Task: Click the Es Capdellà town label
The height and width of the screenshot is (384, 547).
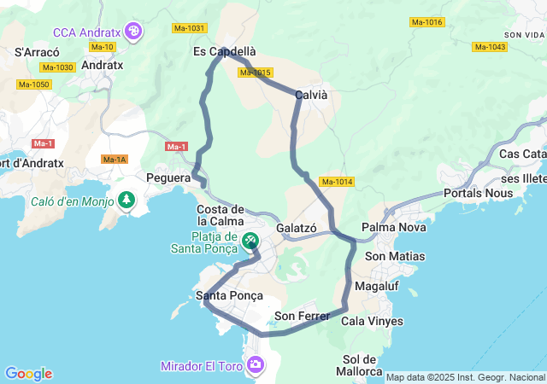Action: click(x=225, y=51)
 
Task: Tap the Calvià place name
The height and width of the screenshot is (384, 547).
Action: click(x=311, y=96)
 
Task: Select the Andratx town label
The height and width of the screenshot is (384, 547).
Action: click(x=103, y=64)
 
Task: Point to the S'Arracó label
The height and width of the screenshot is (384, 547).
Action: click(x=36, y=52)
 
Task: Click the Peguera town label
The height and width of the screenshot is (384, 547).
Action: click(x=168, y=178)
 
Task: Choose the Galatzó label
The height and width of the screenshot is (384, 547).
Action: click(x=297, y=229)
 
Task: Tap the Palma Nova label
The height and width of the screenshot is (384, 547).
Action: click(x=390, y=227)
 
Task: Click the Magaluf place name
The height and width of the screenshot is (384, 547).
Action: click(x=376, y=285)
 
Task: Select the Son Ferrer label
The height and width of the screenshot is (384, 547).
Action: click(x=302, y=317)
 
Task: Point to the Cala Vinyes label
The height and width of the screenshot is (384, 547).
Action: click(x=372, y=322)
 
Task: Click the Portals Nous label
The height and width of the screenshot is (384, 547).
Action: click(x=479, y=193)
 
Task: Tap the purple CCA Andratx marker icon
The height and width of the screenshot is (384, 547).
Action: click(x=132, y=32)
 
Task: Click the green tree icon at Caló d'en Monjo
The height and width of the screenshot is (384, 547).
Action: click(x=126, y=201)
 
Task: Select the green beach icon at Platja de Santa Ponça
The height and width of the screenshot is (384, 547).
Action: click(x=250, y=241)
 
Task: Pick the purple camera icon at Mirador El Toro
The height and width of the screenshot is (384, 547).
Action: click(x=256, y=365)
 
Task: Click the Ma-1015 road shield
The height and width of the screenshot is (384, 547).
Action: click(x=256, y=73)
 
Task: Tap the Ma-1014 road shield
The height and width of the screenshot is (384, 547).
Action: click(x=336, y=182)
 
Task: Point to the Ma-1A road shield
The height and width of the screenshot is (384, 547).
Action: click(x=114, y=160)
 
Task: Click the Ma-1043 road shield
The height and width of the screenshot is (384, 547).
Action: click(x=488, y=47)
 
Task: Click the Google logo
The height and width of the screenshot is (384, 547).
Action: click(x=28, y=374)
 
